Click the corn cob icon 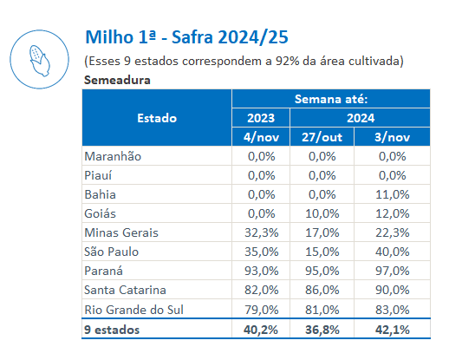pyautogui.click(x=40, y=61)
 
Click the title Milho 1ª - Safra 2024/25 pyautogui.click(x=187, y=37)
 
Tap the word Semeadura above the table pyautogui.click(x=117, y=80)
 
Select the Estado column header pyautogui.click(x=157, y=118)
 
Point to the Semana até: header pyautogui.click(x=331, y=99)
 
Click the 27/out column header pyautogui.click(x=322, y=137)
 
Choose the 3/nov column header pyautogui.click(x=392, y=137)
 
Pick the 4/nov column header pyautogui.click(x=261, y=137)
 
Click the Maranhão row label pyautogui.click(x=113, y=156)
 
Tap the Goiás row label pyautogui.click(x=100, y=213)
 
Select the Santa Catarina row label pyautogui.click(x=125, y=290)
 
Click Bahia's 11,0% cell pyautogui.click(x=393, y=194)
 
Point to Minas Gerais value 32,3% pyautogui.click(x=262, y=232)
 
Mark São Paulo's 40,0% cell pyautogui.click(x=393, y=252)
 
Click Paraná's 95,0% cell pyautogui.click(x=322, y=271)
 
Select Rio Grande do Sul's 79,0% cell pyautogui.click(x=262, y=310)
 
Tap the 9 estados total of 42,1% pyautogui.click(x=393, y=330)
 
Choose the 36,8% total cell pyautogui.click(x=322, y=330)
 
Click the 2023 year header pyautogui.click(x=261, y=118)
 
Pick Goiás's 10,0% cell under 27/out pyautogui.click(x=322, y=213)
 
